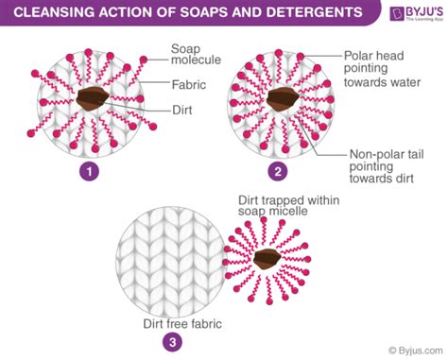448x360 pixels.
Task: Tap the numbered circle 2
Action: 276,172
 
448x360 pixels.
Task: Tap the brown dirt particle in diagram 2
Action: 281,99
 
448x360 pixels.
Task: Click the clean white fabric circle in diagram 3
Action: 165,260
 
